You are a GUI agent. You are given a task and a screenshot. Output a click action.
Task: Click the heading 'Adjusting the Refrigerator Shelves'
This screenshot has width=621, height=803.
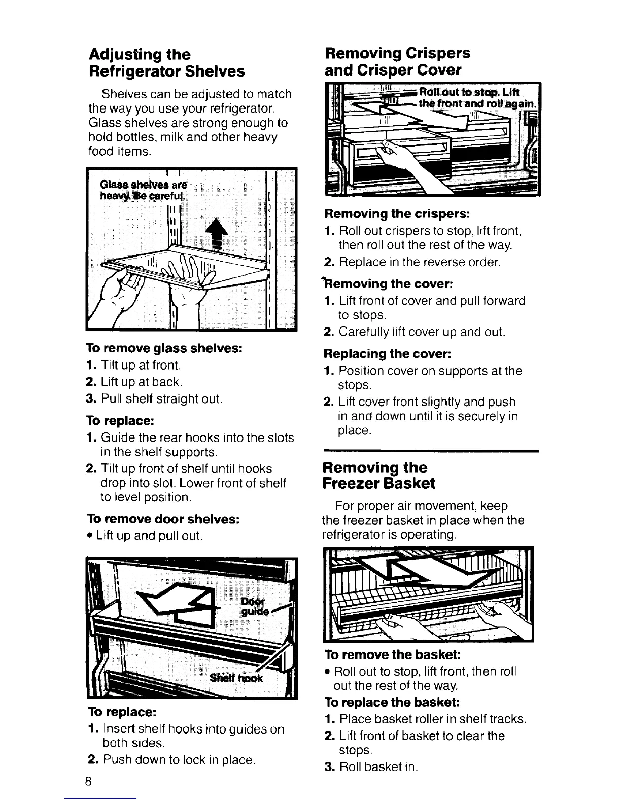[166, 62]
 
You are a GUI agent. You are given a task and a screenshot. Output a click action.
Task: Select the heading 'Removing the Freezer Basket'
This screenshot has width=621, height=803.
[379, 475]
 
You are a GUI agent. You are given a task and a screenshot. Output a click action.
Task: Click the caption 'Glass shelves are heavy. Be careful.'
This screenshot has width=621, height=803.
[144, 189]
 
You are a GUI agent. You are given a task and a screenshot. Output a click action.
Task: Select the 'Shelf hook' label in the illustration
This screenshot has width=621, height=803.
[237, 678]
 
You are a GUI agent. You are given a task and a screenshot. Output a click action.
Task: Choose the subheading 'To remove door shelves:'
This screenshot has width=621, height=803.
[163, 519]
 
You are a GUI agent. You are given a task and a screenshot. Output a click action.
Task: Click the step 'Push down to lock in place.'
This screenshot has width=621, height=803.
[178, 760]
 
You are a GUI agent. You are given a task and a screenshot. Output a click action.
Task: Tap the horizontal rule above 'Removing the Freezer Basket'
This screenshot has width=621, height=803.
[430, 450]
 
